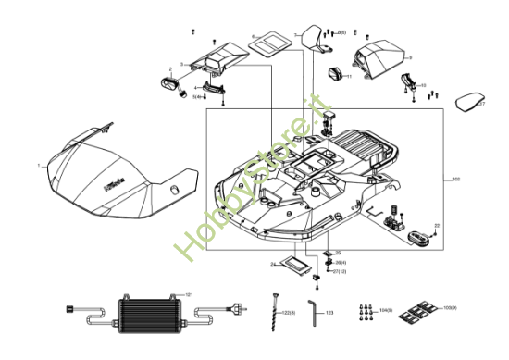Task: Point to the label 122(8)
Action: pyautogui.click(x=288, y=314)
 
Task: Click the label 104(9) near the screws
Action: pyautogui.click(x=386, y=309)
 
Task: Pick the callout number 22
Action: pyautogui.click(x=437, y=225)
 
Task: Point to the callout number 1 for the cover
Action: pyautogui.click(x=38, y=166)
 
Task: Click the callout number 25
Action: pyautogui.click(x=338, y=253)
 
